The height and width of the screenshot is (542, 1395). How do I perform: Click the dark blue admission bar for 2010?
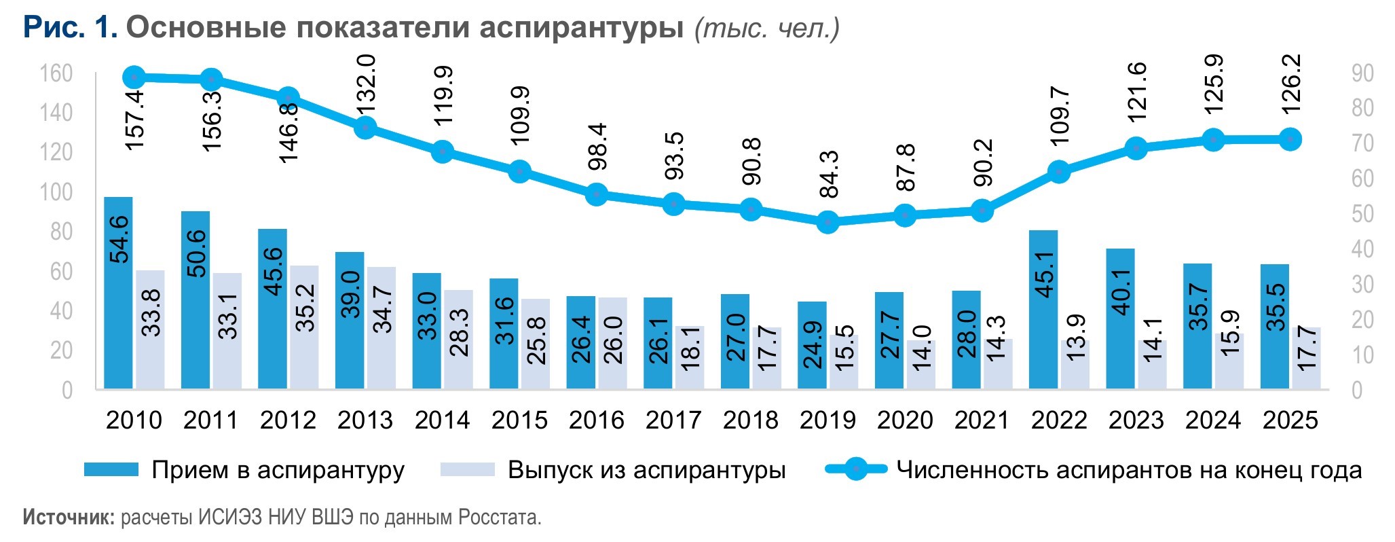[x=118, y=292]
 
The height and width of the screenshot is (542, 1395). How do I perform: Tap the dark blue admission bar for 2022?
[x=1043, y=309]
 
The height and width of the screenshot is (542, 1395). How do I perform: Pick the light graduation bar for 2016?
[x=612, y=343]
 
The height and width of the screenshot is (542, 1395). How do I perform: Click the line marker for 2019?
[x=827, y=221]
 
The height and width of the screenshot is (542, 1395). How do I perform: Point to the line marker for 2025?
[x=1290, y=139]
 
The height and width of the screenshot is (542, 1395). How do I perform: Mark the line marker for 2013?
[x=365, y=127]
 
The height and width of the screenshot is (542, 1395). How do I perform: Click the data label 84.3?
[x=829, y=174]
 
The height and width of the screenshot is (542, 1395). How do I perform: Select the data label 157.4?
[x=135, y=120]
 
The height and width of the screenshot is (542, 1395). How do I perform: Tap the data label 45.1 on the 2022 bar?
[x=1045, y=274]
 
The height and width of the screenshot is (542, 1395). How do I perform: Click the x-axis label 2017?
[x=673, y=420]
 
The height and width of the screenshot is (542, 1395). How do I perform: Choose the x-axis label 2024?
[x=1213, y=420]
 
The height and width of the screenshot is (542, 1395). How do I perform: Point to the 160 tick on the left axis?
[x=56, y=73]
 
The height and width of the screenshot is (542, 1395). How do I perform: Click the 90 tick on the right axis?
[x=1362, y=73]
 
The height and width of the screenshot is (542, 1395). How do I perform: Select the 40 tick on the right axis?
[x=1362, y=249]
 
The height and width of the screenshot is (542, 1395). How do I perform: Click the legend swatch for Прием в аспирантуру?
[x=111, y=469]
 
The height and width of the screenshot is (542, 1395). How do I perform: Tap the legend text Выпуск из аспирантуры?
[x=646, y=470]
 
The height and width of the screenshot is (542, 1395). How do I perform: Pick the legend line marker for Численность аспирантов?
[x=856, y=469]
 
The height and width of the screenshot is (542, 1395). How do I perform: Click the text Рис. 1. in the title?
[x=71, y=28]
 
